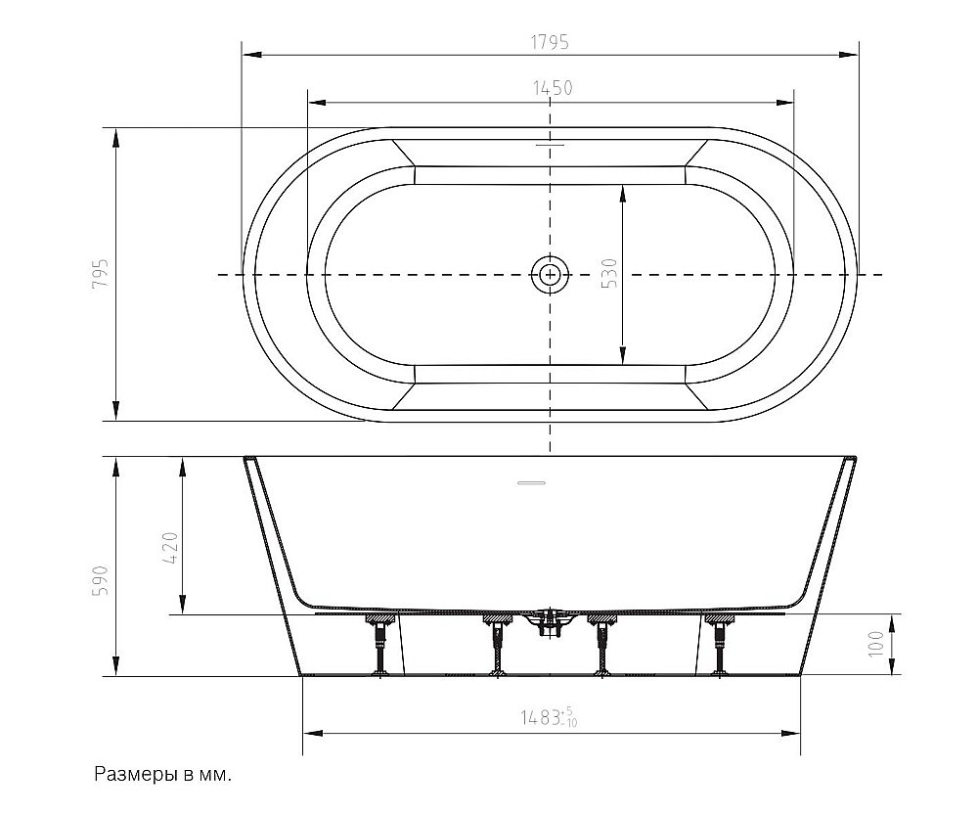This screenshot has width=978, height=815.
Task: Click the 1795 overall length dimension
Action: point(550,42)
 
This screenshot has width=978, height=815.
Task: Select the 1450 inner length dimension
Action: point(553,89)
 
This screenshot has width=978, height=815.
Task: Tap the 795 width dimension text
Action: point(101,272)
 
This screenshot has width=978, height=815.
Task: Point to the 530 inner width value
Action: point(609,273)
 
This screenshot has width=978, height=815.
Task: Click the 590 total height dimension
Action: point(101,580)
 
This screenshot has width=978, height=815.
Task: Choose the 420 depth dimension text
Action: point(170,547)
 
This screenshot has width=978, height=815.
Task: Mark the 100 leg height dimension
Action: point(876,644)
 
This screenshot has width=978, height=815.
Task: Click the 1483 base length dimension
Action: point(550,718)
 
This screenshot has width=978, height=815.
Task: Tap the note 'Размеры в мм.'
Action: point(162,775)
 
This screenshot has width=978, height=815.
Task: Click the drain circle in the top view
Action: point(550,275)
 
